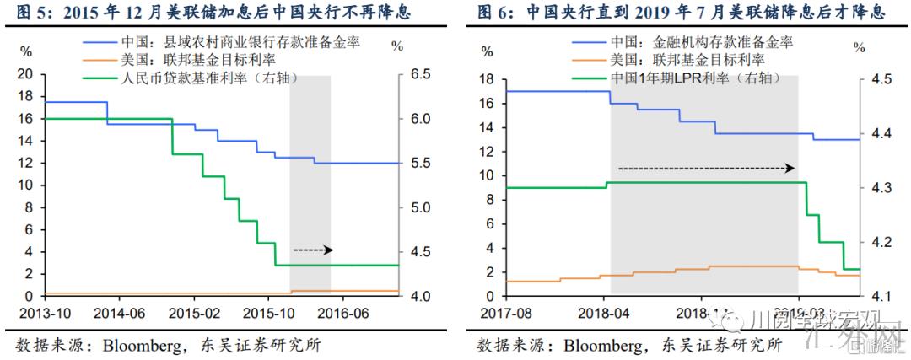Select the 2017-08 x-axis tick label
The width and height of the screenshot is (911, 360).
[x=504, y=312]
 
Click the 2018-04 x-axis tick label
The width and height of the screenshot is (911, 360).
[x=605, y=312]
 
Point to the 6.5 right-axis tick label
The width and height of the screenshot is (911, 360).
[x=420, y=74]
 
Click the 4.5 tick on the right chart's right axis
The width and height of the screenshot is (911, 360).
[x=880, y=79]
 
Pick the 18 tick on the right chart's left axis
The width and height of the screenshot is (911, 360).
[x=486, y=79]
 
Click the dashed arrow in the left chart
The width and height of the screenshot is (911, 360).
[x=313, y=250]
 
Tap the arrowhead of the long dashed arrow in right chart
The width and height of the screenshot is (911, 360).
[x=791, y=168]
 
